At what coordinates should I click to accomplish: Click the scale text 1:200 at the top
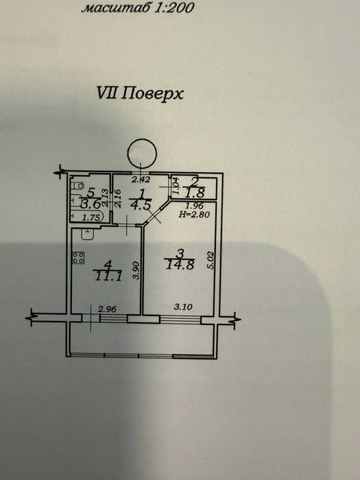[174, 8]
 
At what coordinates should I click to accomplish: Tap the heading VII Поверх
[140, 93]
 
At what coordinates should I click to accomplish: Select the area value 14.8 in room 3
[180, 265]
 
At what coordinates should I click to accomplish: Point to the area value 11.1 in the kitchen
[108, 276]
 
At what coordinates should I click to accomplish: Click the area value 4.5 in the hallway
[140, 205]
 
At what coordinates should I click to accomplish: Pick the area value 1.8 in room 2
[197, 193]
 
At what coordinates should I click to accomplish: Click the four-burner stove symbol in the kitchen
[79, 257]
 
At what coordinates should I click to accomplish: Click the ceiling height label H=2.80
[194, 214]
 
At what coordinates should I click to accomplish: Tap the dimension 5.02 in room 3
[211, 260]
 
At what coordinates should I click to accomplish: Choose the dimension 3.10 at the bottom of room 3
[183, 306]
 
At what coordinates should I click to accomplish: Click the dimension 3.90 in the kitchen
[137, 270]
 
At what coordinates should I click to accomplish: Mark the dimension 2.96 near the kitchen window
[107, 309]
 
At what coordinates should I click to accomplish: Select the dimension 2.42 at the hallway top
[141, 180]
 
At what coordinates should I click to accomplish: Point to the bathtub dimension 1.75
[91, 218]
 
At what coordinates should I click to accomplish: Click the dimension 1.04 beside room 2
[176, 186]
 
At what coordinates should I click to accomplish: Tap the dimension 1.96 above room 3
[195, 206]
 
